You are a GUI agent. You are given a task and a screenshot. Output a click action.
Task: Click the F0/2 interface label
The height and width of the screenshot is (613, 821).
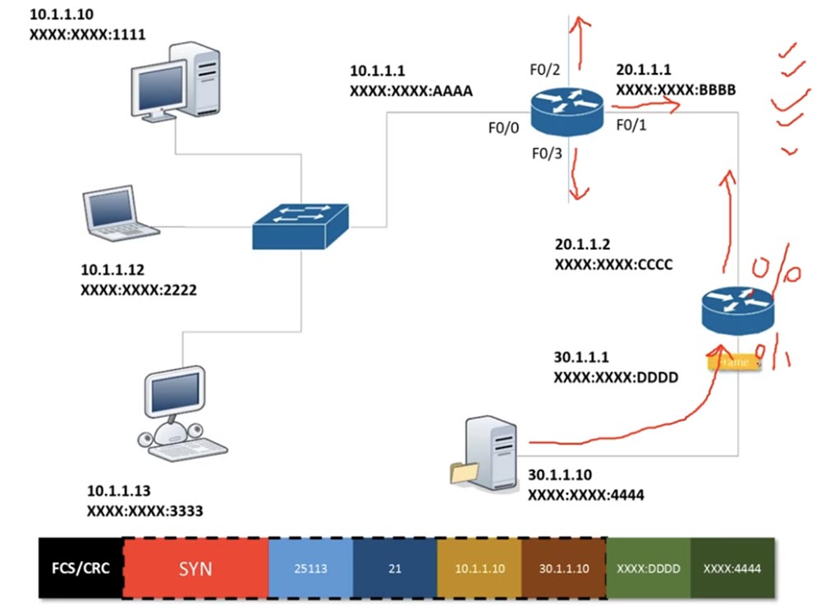point(544,70)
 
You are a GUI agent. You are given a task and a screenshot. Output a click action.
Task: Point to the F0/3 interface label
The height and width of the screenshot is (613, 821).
point(544,153)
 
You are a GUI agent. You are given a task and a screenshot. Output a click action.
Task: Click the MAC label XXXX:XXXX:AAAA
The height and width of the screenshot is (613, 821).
point(410,91)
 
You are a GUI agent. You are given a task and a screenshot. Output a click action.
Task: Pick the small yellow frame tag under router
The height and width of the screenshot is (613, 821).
point(733,361)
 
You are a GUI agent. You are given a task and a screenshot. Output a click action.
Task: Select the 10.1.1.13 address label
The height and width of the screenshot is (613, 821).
point(119,491)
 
